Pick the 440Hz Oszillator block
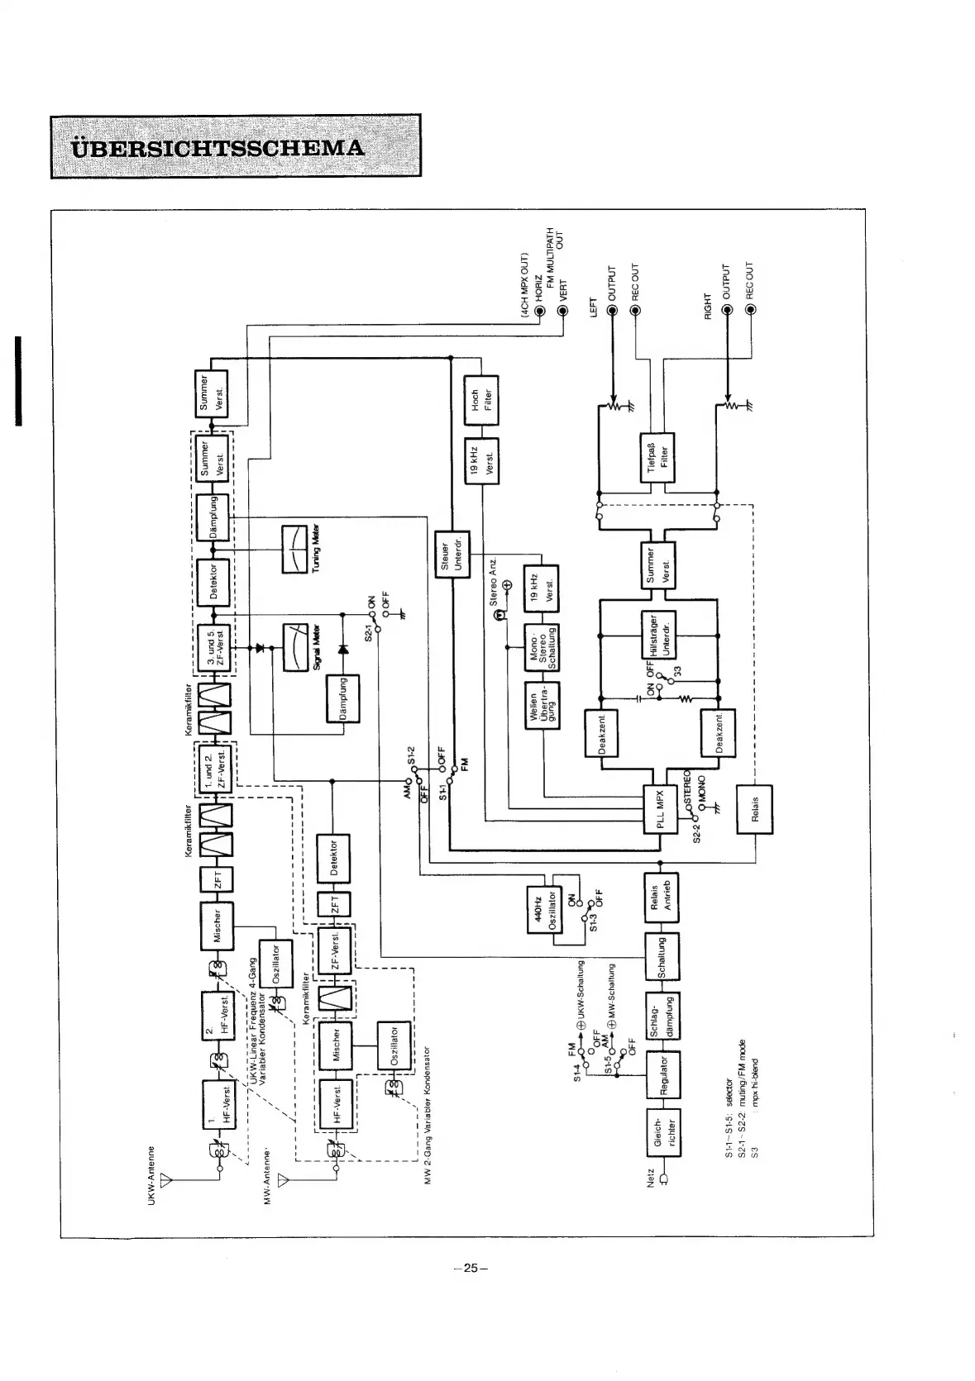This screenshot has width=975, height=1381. point(543,911)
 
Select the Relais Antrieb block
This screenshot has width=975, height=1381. point(661,897)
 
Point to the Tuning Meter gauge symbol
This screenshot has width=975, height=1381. point(294,549)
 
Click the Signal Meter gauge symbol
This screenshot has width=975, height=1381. point(294,649)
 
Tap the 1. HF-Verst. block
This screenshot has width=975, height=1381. point(220,1108)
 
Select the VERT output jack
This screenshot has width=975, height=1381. point(563,311)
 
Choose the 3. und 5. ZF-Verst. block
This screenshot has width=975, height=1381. point(213,649)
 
